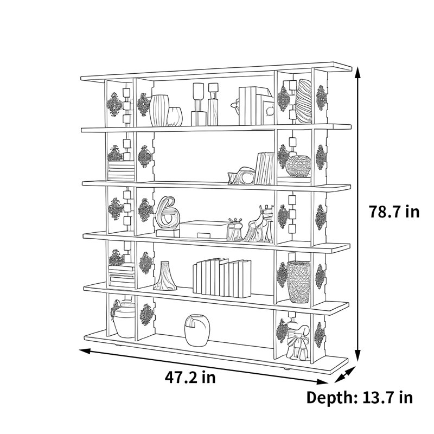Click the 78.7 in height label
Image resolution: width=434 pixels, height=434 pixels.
click(x=394, y=212)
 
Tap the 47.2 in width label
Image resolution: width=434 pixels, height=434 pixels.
click(x=190, y=377)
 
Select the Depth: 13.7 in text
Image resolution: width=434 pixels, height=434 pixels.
click(x=360, y=398)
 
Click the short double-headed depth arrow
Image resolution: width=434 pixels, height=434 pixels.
click(x=345, y=375)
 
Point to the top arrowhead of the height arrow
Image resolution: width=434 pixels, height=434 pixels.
click(x=358, y=72)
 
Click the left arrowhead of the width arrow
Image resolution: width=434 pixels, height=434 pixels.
click(x=85, y=351)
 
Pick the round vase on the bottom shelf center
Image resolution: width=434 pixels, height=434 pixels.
click(x=197, y=330)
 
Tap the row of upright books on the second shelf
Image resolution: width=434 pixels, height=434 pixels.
click(x=222, y=278)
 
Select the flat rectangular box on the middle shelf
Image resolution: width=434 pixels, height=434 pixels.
click(x=203, y=229)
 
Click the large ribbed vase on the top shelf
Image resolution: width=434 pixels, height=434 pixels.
click(x=159, y=111)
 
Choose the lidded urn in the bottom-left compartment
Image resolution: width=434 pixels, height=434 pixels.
click(x=124, y=319)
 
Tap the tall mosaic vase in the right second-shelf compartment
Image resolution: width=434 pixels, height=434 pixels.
click(x=298, y=282)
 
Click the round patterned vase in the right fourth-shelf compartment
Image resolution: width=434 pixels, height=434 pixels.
click(x=298, y=166)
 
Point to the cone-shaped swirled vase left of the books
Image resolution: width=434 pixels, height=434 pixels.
click(x=165, y=276)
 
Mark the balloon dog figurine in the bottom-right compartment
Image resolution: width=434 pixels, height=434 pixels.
click(x=297, y=342)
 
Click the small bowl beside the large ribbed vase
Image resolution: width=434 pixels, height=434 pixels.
click(x=175, y=117)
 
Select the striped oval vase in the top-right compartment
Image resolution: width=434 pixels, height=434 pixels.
click(x=303, y=101)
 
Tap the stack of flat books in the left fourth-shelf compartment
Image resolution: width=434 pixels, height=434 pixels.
click(x=121, y=171)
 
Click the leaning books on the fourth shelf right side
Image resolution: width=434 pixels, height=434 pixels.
click(x=265, y=168)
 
